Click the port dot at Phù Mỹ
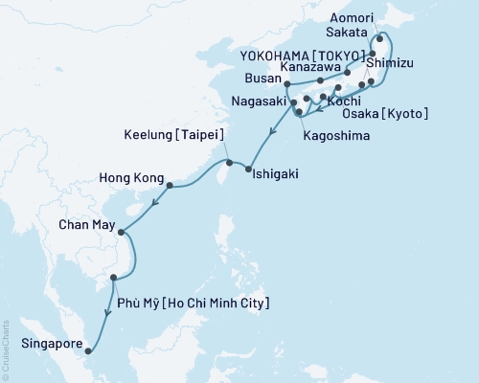pos(114,278)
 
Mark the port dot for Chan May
pos(122,230)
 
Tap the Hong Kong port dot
pos(169,186)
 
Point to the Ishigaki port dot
pos(249,169)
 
